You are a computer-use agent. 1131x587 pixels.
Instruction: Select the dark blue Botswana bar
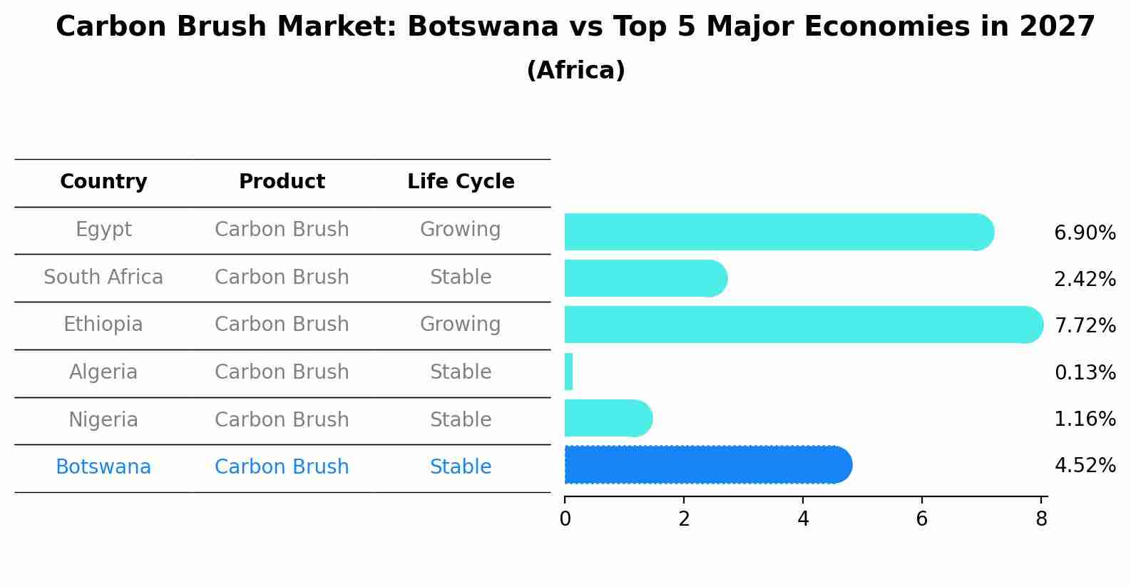pos(706,465)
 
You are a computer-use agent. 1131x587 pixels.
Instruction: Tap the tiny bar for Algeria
pos(568,372)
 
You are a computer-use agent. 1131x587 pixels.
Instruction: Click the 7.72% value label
pos(1085,326)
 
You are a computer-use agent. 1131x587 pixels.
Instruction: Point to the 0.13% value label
pos(1085,372)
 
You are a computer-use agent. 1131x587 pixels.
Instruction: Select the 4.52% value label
pos(1085,466)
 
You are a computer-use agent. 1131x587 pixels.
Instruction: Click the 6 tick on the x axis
pos(921,519)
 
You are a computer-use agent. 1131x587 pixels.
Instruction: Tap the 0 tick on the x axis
pos(565,519)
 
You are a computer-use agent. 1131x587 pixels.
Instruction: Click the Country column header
pos(103,182)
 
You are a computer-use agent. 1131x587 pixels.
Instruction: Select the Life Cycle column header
pos(461,182)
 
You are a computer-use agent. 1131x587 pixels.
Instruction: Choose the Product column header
pos(282,182)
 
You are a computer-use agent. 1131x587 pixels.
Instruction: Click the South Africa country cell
pos(103,277)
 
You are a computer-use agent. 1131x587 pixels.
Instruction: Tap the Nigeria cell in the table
pos(103,419)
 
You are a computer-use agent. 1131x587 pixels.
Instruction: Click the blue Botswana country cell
pos(103,467)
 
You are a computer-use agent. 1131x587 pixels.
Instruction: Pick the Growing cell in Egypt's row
pos(460,230)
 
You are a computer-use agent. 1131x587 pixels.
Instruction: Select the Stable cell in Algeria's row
pos(461,372)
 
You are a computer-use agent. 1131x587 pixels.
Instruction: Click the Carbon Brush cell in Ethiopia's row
pos(282,325)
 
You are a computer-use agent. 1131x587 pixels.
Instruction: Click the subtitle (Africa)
pos(575,71)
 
